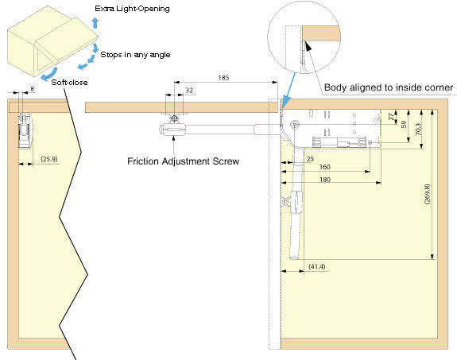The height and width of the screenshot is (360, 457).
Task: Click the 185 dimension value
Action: [223, 78]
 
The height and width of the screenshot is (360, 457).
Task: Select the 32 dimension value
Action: [189, 90]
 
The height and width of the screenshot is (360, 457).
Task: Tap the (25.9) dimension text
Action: [49, 159]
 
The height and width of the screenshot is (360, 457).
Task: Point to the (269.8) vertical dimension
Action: [428, 194]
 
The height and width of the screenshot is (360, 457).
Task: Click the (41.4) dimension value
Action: [317, 266]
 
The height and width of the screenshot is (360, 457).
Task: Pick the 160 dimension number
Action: [325, 167]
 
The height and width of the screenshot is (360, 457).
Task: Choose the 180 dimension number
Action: [325, 180]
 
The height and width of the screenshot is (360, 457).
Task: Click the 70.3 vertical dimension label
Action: [418, 129]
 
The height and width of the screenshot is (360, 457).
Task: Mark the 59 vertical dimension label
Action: [404, 125]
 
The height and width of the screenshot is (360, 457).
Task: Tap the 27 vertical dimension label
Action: [391, 117]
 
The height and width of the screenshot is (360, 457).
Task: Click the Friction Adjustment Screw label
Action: [183, 161]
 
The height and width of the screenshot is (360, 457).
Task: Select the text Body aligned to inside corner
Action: [389, 87]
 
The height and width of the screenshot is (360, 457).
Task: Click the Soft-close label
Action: [69, 82]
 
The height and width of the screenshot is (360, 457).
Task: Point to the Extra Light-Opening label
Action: [132, 9]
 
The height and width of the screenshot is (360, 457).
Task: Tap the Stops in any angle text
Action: [135, 55]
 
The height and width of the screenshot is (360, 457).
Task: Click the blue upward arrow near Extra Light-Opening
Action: [95, 23]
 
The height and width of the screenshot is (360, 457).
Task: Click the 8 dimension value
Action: [32, 89]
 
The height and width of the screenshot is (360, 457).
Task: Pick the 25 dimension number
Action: [310, 159]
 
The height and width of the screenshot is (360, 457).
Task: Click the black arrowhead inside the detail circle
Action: [308, 46]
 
